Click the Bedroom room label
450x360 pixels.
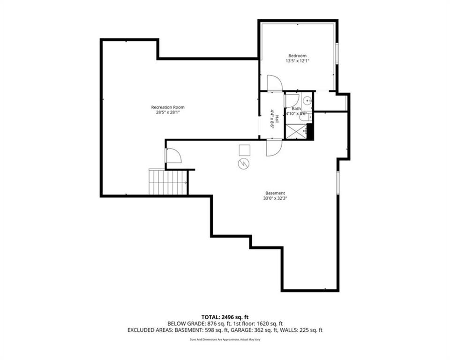coord(297,56)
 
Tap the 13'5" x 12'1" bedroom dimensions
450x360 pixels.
coord(297,61)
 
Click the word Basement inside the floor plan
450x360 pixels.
coord(275,193)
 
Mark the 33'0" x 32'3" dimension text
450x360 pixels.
coord(275,198)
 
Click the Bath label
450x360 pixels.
coord(290,109)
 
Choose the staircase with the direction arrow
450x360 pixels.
coord(168,182)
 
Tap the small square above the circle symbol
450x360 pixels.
coord(244,150)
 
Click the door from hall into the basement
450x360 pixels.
coord(274,147)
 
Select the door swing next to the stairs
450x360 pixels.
coord(172,156)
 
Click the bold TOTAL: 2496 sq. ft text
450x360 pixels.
coord(225,316)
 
